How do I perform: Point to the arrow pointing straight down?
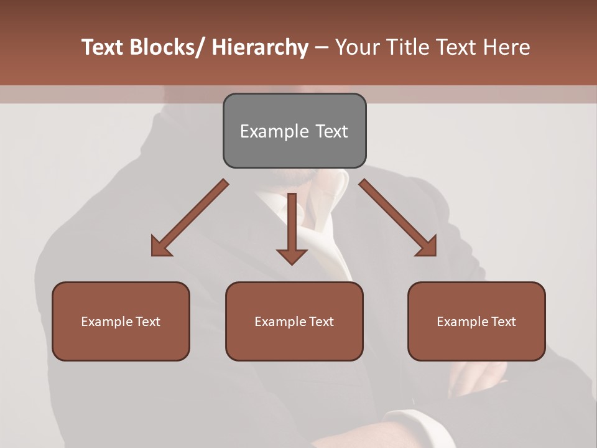(x=292, y=227)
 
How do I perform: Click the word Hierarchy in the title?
(x=260, y=47)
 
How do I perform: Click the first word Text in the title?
(x=102, y=47)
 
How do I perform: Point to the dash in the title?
(x=322, y=48)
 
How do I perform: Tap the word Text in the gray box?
(x=331, y=131)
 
